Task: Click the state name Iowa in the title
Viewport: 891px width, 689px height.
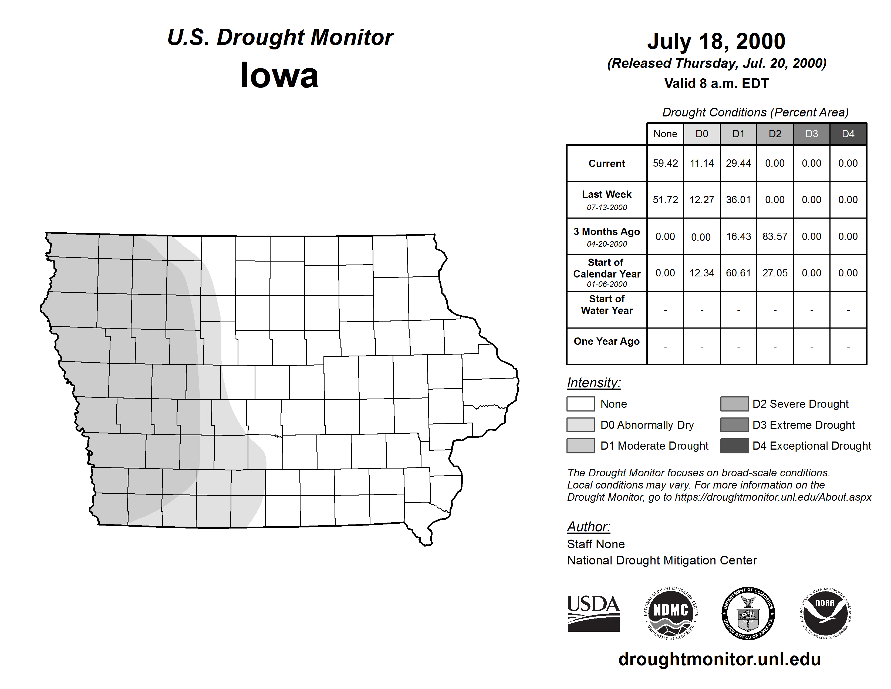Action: [x=279, y=75]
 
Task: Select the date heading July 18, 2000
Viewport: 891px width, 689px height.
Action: [x=716, y=41]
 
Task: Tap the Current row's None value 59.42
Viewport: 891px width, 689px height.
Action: [x=665, y=163]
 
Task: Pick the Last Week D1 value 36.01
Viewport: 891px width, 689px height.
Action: [x=738, y=200]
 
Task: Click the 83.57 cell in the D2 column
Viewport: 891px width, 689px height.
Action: [x=775, y=236]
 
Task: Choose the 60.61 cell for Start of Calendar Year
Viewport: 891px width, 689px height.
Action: [x=738, y=273]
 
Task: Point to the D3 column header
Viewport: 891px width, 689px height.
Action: [x=811, y=134]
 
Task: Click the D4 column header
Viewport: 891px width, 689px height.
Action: [x=848, y=134]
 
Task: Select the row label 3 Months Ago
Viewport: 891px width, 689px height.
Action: [x=607, y=236]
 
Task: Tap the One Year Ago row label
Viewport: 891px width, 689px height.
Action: [x=607, y=342]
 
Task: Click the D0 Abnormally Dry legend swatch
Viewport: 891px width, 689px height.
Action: [x=580, y=424]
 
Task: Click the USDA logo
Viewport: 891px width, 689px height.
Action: [x=593, y=613]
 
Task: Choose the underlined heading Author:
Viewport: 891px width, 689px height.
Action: [x=588, y=527]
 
